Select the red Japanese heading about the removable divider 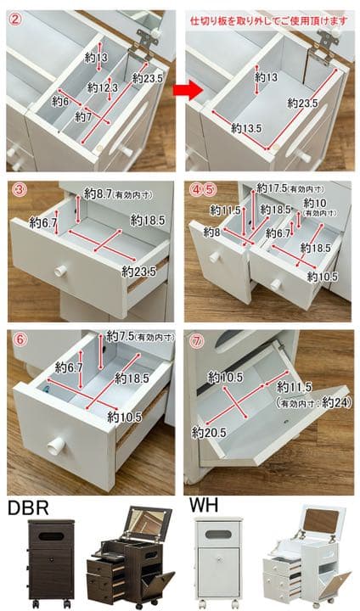[269, 20]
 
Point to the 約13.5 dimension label [246, 128]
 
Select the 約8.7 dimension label [98, 193]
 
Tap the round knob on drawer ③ [60, 271]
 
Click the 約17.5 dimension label [271, 188]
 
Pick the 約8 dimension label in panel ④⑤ [211, 233]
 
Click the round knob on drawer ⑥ [56, 444]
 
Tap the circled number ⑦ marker [197, 341]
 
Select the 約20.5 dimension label [209, 432]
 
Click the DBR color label [28, 507]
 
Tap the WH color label [204, 506]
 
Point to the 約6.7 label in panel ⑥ [69, 367]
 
